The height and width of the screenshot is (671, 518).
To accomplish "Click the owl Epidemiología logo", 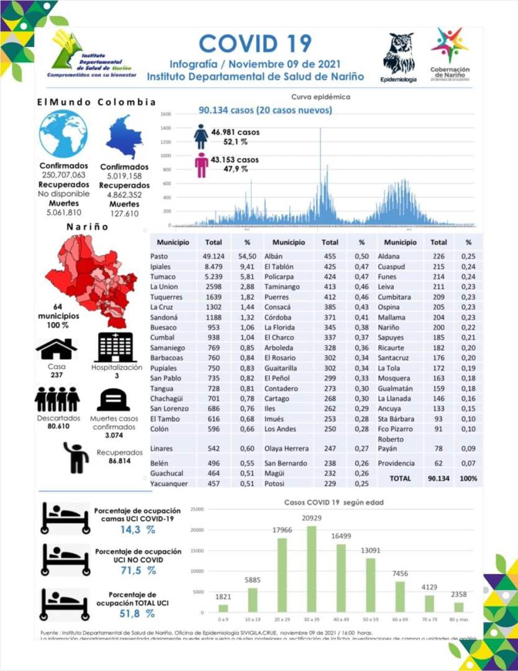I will click(x=399, y=55).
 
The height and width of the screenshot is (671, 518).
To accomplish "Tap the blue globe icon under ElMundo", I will click(x=63, y=134).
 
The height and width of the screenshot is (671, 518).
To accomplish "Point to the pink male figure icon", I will click(x=201, y=165).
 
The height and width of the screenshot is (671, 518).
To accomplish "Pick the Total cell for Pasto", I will click(x=214, y=257).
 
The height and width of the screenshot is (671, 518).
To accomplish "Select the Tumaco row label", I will click(x=163, y=277).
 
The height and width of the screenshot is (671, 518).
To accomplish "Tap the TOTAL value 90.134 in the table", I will click(x=438, y=478).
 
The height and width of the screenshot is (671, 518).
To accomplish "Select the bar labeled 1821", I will click(x=223, y=608).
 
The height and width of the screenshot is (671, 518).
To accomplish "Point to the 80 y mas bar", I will click(x=458, y=606).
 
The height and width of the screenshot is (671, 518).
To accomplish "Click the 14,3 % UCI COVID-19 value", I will click(x=138, y=530).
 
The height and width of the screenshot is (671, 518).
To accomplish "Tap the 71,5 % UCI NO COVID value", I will click(x=138, y=570).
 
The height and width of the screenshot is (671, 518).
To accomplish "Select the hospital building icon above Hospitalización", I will click(x=115, y=347).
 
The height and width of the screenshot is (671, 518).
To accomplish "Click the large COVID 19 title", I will click(x=255, y=43).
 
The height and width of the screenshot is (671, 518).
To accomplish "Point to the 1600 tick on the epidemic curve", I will click(x=165, y=114).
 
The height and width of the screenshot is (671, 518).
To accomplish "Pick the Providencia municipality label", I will click(x=397, y=463).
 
